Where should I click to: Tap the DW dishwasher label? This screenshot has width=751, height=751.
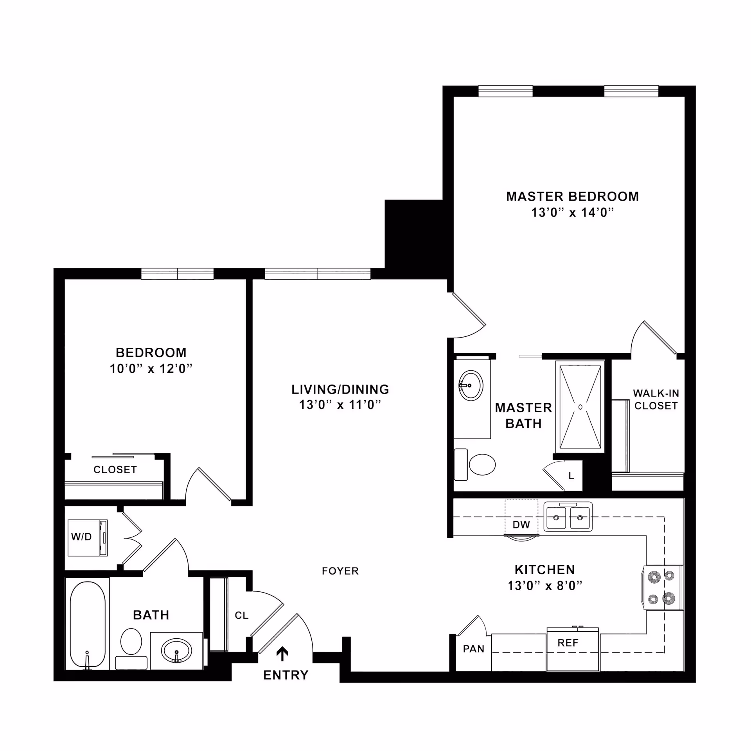click(521, 525)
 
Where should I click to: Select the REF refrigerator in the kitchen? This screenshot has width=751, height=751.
click(572, 649)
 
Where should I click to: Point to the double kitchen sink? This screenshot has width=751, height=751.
click(568, 517)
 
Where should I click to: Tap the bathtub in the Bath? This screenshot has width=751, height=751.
click(88, 624)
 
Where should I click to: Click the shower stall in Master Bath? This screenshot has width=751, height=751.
click(580, 407)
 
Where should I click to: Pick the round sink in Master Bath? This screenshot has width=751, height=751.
click(471, 386)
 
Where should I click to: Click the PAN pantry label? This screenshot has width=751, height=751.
click(473, 649)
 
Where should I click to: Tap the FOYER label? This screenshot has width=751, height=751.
click(340, 571)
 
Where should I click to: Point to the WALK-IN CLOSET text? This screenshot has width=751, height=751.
click(656, 399)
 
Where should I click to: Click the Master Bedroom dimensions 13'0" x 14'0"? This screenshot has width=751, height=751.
click(572, 212)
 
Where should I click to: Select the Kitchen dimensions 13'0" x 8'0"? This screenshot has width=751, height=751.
click(545, 586)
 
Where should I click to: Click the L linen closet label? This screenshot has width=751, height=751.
click(571, 476)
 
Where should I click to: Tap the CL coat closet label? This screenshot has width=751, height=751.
click(241, 616)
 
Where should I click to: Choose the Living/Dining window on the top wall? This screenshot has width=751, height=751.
click(318, 274)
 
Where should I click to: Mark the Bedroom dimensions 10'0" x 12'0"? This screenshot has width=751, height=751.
click(151, 369)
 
